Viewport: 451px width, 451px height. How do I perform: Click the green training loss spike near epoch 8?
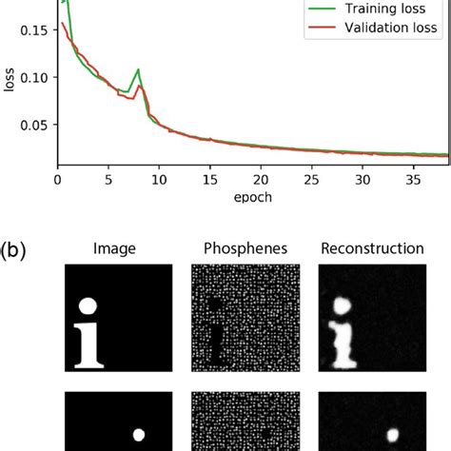[138, 69]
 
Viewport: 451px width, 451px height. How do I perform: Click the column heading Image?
[115, 249]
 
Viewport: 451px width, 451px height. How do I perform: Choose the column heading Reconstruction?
[372, 249]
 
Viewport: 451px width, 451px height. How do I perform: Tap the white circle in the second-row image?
[139, 435]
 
